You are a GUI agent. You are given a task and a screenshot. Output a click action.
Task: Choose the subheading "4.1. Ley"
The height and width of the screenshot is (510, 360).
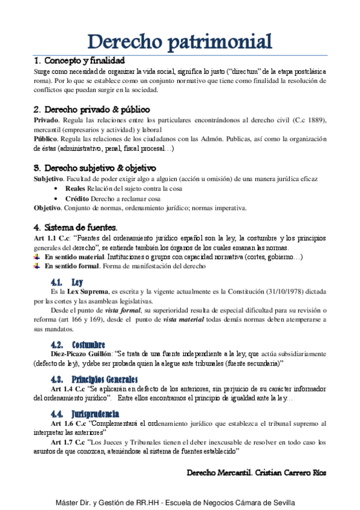coord(67,281)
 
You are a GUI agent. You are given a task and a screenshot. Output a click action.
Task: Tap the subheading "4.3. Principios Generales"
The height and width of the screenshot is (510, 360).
coord(94,379)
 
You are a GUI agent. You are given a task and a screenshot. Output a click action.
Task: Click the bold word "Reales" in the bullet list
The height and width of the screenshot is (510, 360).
coord(75,189)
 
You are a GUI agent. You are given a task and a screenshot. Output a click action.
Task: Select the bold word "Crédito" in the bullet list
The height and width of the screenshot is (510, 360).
coord(77,198)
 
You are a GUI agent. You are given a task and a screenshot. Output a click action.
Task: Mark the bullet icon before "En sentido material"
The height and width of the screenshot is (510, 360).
coord(37,257)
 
